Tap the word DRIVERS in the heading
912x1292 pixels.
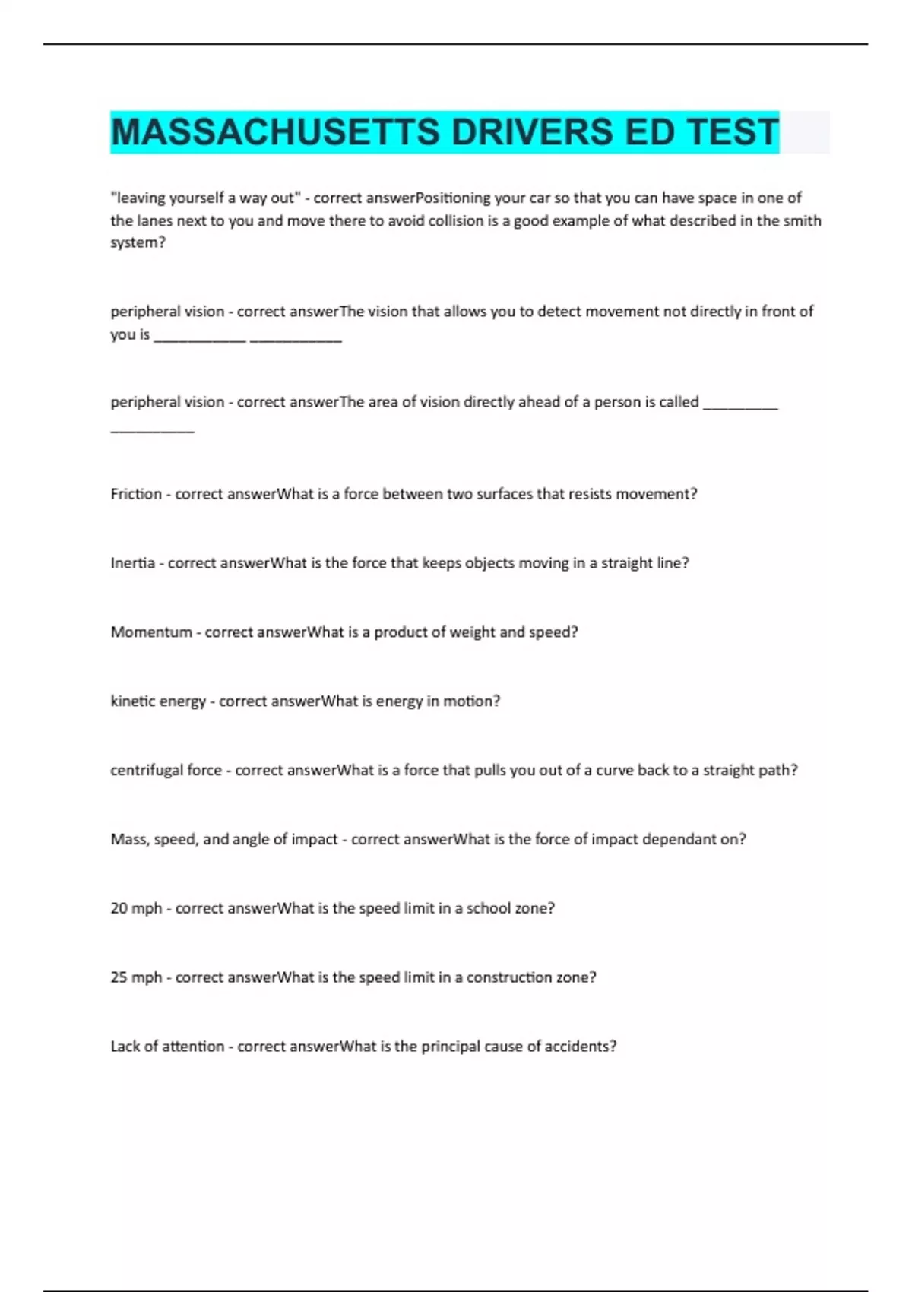coord(532,131)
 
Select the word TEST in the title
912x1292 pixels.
coord(733,131)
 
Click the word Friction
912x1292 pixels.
coord(136,494)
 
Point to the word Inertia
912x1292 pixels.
coord(132,563)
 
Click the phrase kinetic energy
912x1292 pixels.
coord(158,701)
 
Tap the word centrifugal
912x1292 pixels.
coord(146,770)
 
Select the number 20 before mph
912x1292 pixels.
coord(119,908)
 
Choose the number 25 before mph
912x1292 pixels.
coord(119,977)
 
